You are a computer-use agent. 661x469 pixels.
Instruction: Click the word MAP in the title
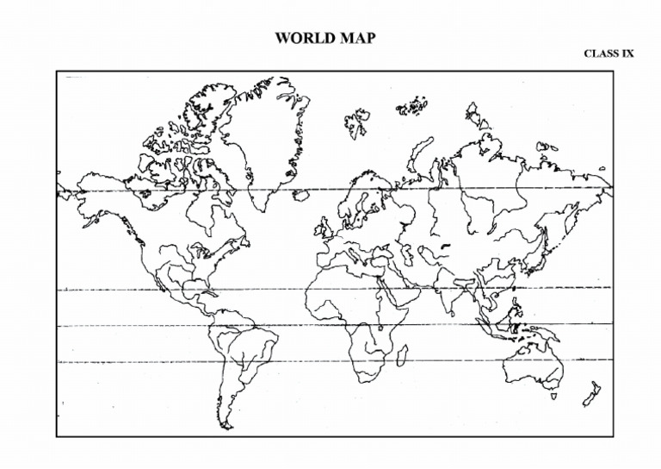pyautogui.click(x=355, y=38)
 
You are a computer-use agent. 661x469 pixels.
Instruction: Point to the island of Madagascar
pyautogui.click(x=401, y=354)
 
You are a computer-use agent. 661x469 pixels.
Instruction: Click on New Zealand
pyautogui.click(x=591, y=394)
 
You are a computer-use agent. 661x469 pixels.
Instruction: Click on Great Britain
pyautogui.click(x=325, y=228)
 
